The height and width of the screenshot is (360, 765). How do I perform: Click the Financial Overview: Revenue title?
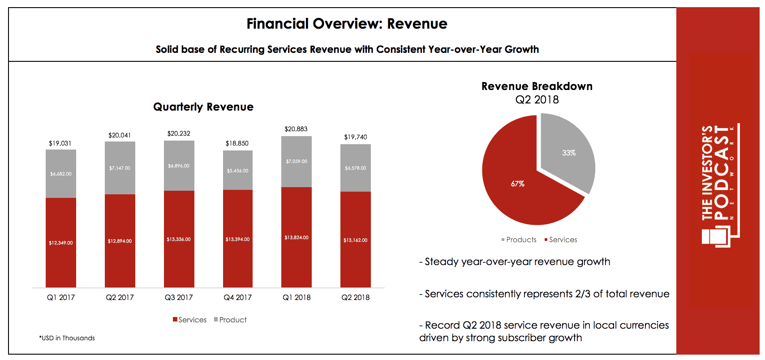(347, 24)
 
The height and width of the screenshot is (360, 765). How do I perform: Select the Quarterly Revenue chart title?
(203, 107)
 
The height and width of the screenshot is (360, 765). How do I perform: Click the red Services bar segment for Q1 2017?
(61, 243)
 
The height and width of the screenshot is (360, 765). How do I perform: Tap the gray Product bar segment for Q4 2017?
(238, 170)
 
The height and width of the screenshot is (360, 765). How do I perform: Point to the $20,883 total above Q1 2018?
(296, 129)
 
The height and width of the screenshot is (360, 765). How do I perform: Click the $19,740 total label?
(356, 137)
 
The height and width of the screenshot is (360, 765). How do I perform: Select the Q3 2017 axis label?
(179, 297)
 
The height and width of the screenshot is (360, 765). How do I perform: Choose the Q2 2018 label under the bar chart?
(356, 297)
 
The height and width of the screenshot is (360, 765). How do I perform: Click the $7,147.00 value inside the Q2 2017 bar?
(120, 168)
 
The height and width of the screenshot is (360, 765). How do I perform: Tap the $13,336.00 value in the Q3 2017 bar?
(179, 240)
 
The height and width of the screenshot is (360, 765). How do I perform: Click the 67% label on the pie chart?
(517, 184)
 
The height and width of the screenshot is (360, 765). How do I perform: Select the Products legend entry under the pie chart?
(519, 240)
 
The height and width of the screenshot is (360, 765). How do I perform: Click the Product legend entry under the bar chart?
(230, 320)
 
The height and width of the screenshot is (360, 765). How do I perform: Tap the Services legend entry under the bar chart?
(190, 320)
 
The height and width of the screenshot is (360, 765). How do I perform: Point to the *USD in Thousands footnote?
(67, 338)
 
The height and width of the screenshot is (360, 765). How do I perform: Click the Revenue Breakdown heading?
(537, 86)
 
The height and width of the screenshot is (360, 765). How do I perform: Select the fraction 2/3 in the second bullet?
(583, 294)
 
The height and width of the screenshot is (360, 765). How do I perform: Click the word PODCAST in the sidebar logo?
(721, 172)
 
